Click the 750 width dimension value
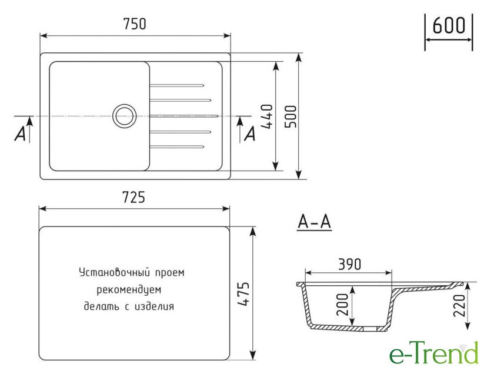click(135, 24)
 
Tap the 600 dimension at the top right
click(449, 25)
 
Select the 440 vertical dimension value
click(267, 116)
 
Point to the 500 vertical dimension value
click(291, 116)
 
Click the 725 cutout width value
click(133, 197)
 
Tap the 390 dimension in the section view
click(349, 265)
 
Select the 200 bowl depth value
click(342, 305)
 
